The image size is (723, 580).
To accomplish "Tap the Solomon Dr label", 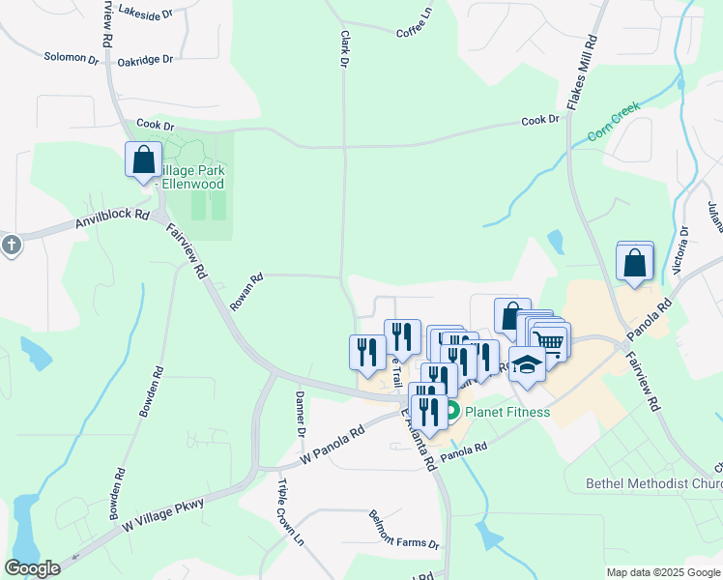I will [72, 58].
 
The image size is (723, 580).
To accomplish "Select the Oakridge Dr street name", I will [145, 60].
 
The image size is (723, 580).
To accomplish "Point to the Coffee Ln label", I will [414, 26].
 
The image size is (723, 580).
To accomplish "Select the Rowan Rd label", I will [246, 292].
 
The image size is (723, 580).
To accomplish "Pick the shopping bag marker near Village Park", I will [143, 159].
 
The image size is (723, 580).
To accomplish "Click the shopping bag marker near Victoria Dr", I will [634, 263].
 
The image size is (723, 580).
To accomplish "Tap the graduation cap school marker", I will [527, 365].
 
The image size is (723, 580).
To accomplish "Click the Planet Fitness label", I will [506, 412].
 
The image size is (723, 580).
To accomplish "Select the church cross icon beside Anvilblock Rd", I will [11, 245].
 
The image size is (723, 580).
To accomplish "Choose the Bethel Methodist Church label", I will [653, 482].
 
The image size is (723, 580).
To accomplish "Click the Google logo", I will [33, 568].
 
